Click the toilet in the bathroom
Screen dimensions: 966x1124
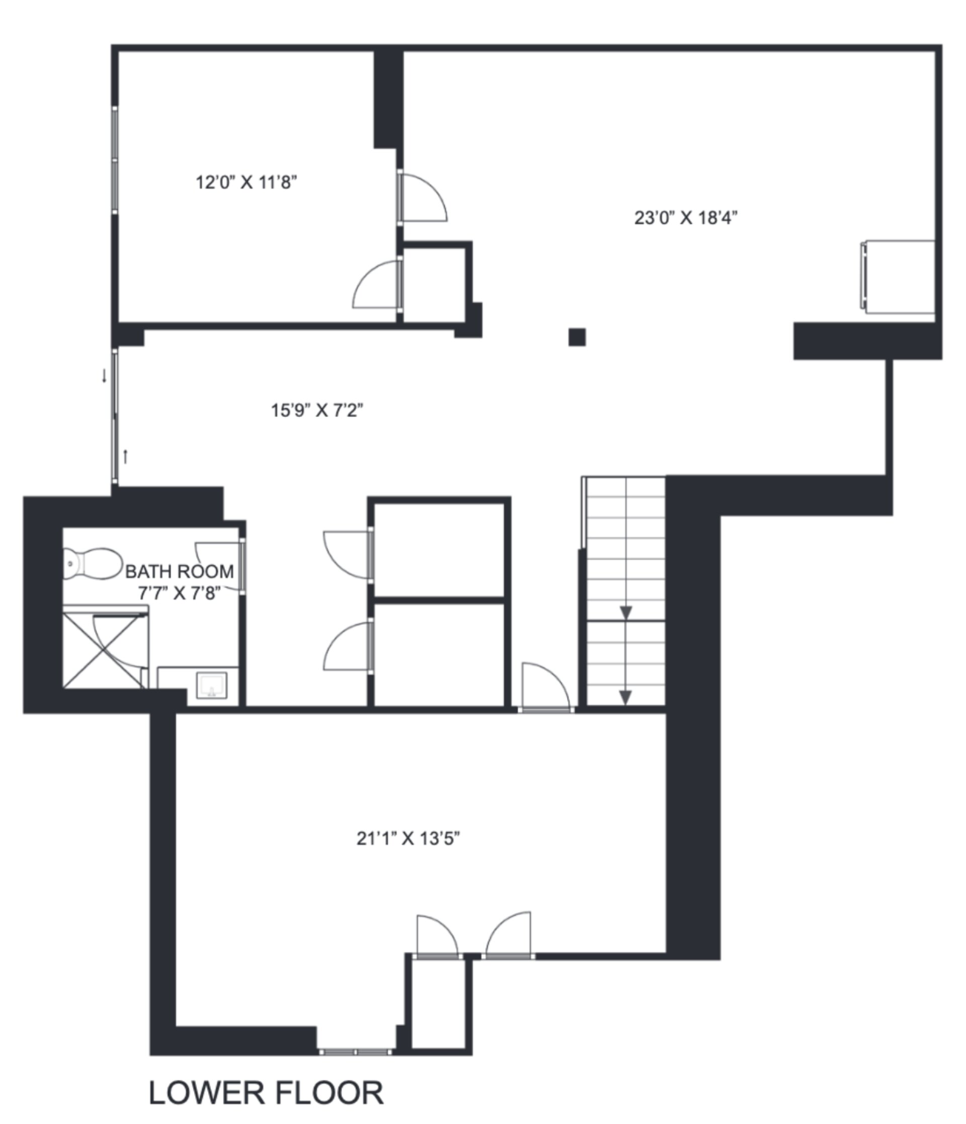92,564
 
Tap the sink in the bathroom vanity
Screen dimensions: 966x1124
211,686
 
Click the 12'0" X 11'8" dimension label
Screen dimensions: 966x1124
246,182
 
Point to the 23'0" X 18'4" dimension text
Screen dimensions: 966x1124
686,218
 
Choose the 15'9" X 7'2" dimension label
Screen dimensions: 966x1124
317,410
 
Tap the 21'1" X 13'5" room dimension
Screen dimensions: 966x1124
408,839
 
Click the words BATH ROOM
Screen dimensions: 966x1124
180,571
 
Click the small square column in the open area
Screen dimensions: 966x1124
577,337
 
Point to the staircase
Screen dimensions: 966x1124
625,591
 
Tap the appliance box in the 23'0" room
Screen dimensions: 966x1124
898,277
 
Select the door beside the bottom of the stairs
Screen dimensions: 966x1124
545,687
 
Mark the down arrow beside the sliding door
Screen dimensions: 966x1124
104,376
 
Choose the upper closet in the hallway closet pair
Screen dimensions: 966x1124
439,550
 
